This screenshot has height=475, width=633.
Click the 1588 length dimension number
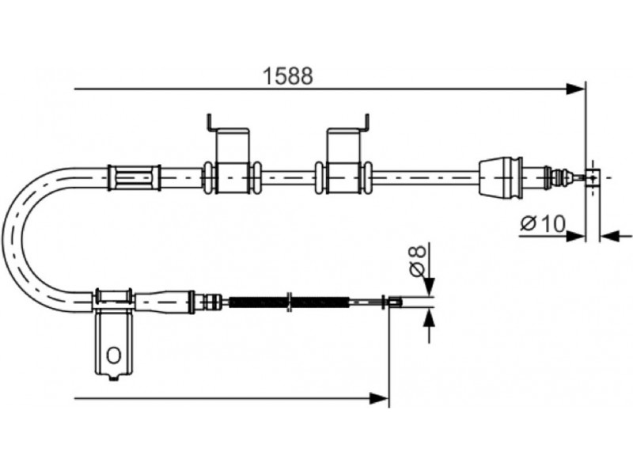click(288, 75)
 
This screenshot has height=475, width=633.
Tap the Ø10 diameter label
click(543, 223)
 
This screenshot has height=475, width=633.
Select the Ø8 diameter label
click(418, 261)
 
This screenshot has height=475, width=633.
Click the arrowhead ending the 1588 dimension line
click(576, 89)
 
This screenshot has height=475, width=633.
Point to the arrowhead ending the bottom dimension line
click(379, 399)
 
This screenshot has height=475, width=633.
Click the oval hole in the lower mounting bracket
click(113, 355)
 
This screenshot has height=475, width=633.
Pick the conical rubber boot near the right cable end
click(501, 177)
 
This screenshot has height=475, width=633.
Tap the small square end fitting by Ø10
click(593, 177)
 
